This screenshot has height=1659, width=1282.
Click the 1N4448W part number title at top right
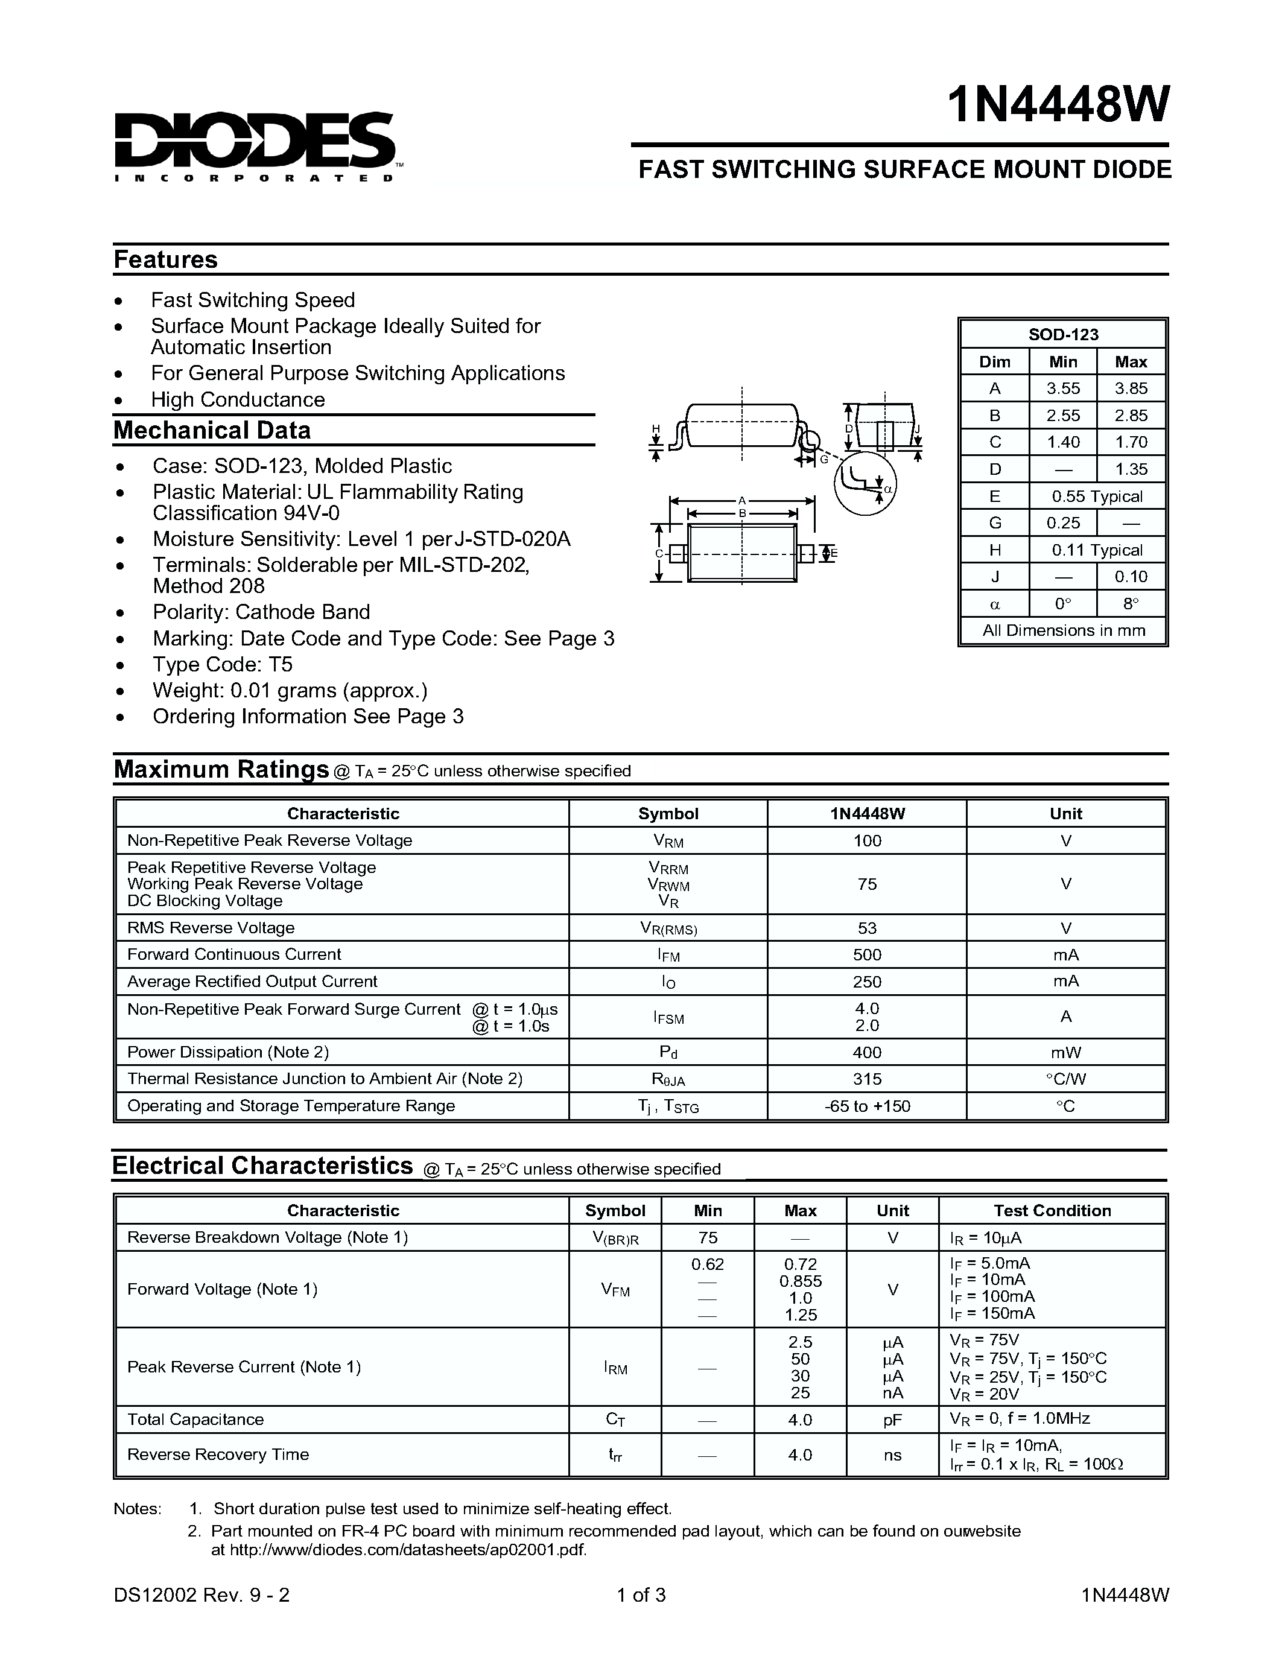tap(1058, 105)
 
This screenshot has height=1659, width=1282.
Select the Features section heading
tap(165, 260)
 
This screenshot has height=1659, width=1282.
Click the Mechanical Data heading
tap(212, 430)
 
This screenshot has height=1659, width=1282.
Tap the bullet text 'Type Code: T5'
tap(222, 665)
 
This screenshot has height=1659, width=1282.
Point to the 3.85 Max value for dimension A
tap(1131, 388)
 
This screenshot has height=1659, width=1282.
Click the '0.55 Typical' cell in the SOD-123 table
tap(1097, 496)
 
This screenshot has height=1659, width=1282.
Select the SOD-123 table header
tap(1062, 334)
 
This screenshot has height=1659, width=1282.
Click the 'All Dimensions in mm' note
tap(1062, 630)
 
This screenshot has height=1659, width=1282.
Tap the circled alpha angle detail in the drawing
tap(866, 483)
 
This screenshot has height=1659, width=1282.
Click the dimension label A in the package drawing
tap(742, 501)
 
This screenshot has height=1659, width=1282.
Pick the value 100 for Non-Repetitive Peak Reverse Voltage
tap(866, 840)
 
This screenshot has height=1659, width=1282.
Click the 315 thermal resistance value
tap(866, 1079)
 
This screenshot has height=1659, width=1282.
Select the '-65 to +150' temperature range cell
tap(866, 1106)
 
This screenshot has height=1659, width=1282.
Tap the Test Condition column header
tap(1052, 1211)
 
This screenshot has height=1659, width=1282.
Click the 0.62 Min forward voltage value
tap(707, 1264)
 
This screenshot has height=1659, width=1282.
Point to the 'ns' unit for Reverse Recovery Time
tap(892, 1454)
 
